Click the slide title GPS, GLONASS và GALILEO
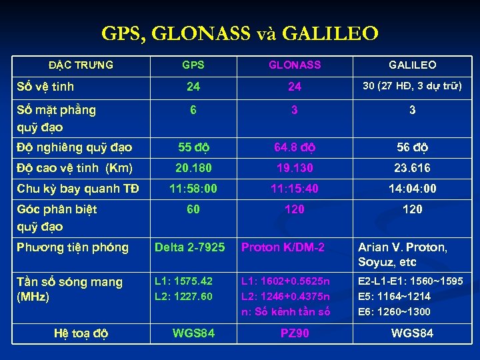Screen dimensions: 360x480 pyautogui.click(x=240, y=33)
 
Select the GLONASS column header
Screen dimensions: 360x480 pyautogui.click(x=294, y=65)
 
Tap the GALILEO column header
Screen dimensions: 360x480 pyautogui.click(x=412, y=65)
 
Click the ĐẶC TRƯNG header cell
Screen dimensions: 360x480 pyautogui.click(x=81, y=65)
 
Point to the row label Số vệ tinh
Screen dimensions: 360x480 pyautogui.click(x=45, y=86)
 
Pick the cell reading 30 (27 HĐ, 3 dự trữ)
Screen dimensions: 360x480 pyautogui.click(x=412, y=86)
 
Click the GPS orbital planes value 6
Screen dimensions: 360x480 pyautogui.click(x=193, y=110)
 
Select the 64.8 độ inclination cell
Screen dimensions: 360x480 pyautogui.click(x=294, y=147)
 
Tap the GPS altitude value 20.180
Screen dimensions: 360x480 pyautogui.click(x=193, y=168)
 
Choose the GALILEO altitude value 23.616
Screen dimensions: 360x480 pyautogui.click(x=412, y=168)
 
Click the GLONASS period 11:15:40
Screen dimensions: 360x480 pyautogui.click(x=294, y=189)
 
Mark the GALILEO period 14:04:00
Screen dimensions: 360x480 pyautogui.click(x=412, y=189)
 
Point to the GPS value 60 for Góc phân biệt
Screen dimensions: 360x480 pyautogui.click(x=193, y=209)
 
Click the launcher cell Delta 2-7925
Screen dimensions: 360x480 pyautogui.click(x=190, y=247)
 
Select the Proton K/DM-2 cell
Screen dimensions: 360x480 pyautogui.click(x=283, y=247)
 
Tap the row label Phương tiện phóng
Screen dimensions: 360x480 pyautogui.click(x=73, y=247)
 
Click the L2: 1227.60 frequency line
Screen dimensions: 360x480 pyautogui.click(x=183, y=296)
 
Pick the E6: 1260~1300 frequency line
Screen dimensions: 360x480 pyautogui.click(x=395, y=311)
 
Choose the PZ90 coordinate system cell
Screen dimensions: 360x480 pyautogui.click(x=294, y=333)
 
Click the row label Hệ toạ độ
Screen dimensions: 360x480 pyautogui.click(x=81, y=333)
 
